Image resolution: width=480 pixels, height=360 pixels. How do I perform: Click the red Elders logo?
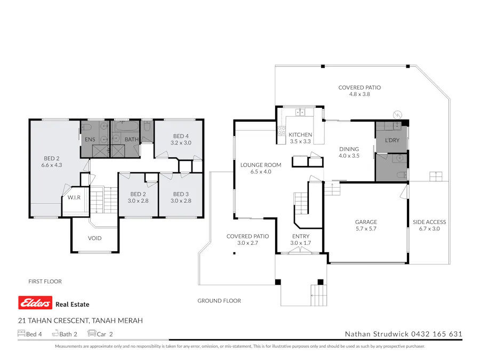tap(35, 303)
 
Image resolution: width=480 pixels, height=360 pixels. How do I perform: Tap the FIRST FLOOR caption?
tap(45, 281)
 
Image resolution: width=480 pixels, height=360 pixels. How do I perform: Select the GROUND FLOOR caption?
tap(219, 301)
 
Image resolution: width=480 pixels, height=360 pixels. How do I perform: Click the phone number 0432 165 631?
tap(436, 334)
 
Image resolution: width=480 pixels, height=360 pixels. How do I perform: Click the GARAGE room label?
tap(366, 222)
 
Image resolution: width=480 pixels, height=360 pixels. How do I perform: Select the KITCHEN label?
tap(300, 135)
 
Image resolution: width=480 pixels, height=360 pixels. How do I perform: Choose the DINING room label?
tap(349, 149)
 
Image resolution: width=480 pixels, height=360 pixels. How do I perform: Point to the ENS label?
tap(90, 140)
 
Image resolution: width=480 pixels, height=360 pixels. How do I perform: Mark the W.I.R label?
tap(74, 197)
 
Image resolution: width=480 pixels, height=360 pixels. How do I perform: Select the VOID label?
tap(94, 238)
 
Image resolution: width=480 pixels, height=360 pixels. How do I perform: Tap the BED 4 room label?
tap(181, 136)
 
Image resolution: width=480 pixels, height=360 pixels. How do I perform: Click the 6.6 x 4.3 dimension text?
tap(52, 165)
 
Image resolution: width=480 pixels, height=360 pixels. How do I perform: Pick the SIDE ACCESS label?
tap(429, 222)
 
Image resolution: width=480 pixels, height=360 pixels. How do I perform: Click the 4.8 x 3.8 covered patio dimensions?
tap(359, 94)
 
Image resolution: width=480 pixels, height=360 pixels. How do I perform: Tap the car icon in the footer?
tap(92, 334)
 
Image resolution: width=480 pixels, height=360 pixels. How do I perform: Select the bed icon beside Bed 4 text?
tap(21, 334)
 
